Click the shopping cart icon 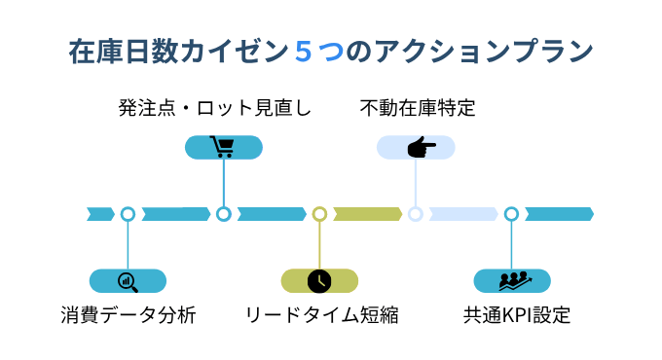(223, 147)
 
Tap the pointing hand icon (417, 147)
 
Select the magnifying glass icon (128, 281)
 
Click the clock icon (319, 281)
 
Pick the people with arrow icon (512, 281)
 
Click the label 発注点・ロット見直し (215, 107)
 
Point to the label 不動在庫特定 (417, 107)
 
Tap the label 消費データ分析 (128, 316)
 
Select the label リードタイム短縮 (320, 316)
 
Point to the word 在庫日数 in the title (117, 51)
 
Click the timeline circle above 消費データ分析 (128, 214)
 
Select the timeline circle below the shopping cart (223, 214)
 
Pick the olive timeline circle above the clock (319, 214)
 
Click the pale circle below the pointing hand (416, 214)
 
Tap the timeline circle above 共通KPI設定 (512, 214)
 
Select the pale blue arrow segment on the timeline (462, 214)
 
